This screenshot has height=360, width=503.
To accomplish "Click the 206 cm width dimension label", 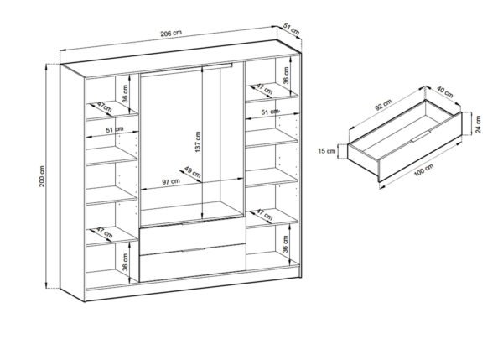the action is (x=171, y=33).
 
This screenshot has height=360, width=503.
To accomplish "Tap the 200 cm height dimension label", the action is (x=42, y=176).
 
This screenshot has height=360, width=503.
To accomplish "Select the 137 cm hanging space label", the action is (x=198, y=142).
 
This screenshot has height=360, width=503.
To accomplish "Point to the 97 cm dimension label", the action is (x=171, y=181).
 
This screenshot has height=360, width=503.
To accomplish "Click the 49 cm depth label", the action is (x=193, y=172).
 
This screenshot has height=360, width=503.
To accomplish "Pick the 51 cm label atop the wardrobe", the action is (x=291, y=29).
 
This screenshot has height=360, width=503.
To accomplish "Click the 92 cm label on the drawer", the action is (x=383, y=105).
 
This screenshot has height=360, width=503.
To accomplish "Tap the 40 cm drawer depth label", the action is (x=445, y=92).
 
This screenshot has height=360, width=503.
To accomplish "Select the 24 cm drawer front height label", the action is (x=479, y=124).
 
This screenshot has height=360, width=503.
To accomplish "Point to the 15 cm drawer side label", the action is (x=327, y=150).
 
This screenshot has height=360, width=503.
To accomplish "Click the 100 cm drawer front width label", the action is (x=423, y=170).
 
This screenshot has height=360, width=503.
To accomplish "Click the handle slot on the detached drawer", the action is (x=421, y=136).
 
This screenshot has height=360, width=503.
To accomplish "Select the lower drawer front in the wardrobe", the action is (x=193, y=263).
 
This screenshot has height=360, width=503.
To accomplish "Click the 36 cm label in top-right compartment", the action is (x=286, y=76).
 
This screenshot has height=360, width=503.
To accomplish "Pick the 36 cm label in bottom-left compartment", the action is (x=125, y=262).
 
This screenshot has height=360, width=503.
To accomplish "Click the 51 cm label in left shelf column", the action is (x=115, y=130).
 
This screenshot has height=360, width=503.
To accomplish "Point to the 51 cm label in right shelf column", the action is (x=270, y=112).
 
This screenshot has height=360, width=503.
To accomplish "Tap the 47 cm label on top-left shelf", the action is (x=105, y=107).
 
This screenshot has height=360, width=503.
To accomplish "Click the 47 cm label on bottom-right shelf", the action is (x=265, y=215).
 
